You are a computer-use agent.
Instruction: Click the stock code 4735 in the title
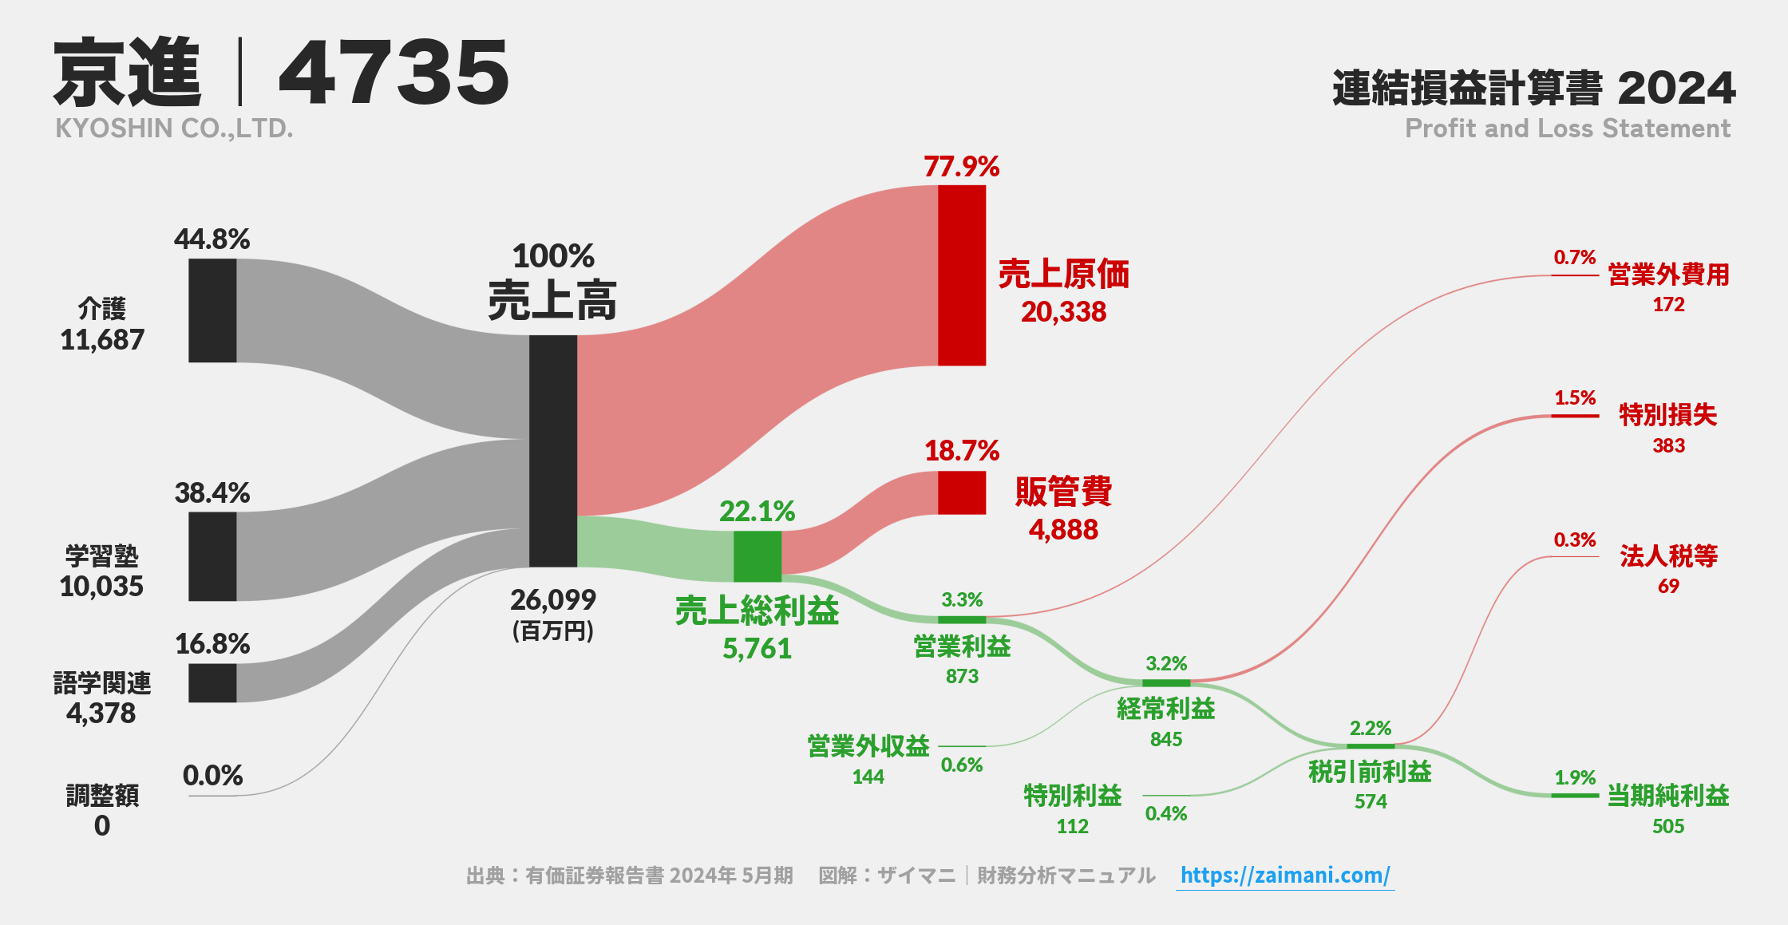[x=393, y=73]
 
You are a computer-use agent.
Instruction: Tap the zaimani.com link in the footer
[x=1284, y=876]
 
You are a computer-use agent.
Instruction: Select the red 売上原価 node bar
[x=961, y=275]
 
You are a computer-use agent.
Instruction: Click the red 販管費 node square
[x=961, y=492]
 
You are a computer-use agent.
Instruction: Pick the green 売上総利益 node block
[x=757, y=556]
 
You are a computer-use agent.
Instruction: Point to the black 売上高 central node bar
[x=552, y=451]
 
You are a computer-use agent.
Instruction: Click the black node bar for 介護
[x=212, y=310]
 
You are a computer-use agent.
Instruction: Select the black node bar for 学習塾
[x=212, y=556]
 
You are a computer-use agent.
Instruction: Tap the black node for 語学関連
[x=212, y=683]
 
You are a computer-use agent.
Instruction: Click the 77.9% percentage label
[x=961, y=167]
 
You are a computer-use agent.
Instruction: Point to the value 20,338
[x=1063, y=312]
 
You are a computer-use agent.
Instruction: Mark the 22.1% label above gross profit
[x=757, y=512]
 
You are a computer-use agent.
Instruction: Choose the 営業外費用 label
[x=1668, y=275]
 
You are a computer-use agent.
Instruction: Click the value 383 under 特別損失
[x=1668, y=445]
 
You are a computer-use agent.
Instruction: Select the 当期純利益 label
[x=1667, y=796]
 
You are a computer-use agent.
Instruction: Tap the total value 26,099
[x=552, y=600]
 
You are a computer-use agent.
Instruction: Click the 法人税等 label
[x=1668, y=556]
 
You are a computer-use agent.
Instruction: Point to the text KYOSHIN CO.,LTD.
[x=174, y=128]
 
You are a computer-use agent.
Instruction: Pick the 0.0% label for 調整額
[x=212, y=776]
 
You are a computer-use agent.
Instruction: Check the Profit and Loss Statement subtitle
[x=1567, y=128]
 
